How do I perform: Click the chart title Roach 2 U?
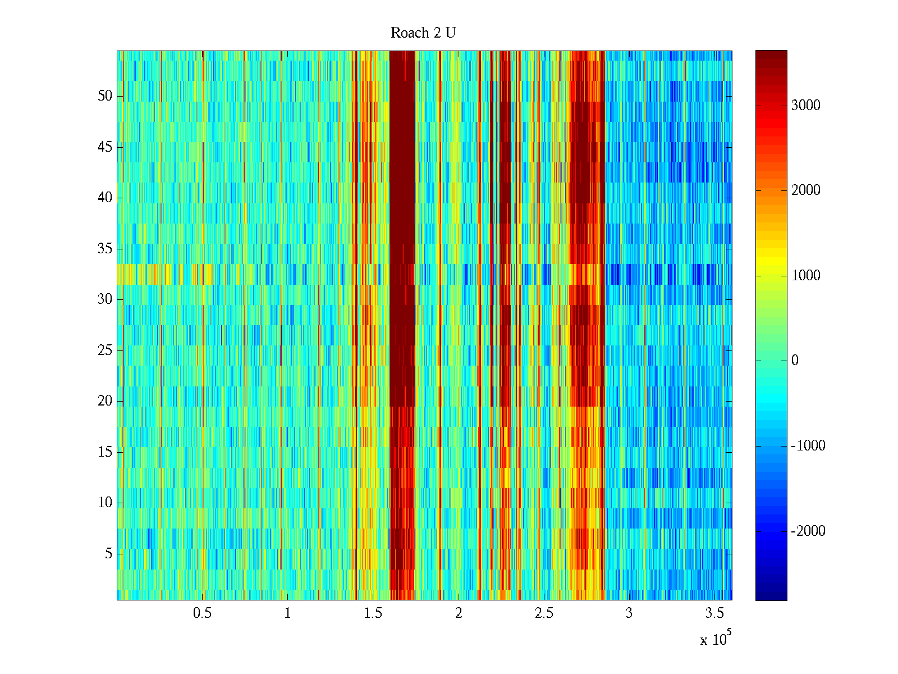[x=423, y=33]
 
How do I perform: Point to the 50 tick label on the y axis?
[x=105, y=96]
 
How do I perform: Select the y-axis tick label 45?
[x=105, y=147]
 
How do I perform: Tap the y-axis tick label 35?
[x=105, y=249]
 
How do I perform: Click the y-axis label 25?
[x=105, y=350]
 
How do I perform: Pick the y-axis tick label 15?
[x=105, y=452]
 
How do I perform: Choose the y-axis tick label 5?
[x=108, y=554]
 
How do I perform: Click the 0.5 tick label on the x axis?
[x=202, y=613]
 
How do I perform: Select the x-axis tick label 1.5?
[x=373, y=613]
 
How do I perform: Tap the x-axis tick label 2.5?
[x=544, y=613]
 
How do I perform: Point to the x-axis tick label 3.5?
[x=714, y=613]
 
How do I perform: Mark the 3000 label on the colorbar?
[x=806, y=106]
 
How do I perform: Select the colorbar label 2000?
[x=806, y=190]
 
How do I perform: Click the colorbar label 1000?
[x=806, y=276]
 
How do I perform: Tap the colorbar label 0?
[x=795, y=361]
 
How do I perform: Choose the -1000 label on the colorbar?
[x=808, y=446]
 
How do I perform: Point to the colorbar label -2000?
[x=808, y=531]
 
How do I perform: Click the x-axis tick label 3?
[x=629, y=613]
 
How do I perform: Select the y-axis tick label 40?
[x=105, y=198]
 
